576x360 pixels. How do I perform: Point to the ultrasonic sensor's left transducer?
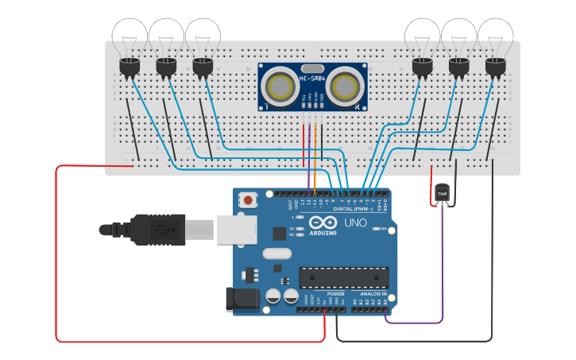tap(279, 86)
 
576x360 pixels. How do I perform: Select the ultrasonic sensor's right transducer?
tap(346, 86)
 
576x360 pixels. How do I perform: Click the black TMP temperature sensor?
tap(443, 193)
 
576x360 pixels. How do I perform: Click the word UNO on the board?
tap(357, 223)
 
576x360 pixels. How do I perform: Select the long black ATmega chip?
tap(343, 277)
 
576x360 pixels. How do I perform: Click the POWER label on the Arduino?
tap(335, 294)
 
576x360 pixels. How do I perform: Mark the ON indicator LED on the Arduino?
tap(377, 229)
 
